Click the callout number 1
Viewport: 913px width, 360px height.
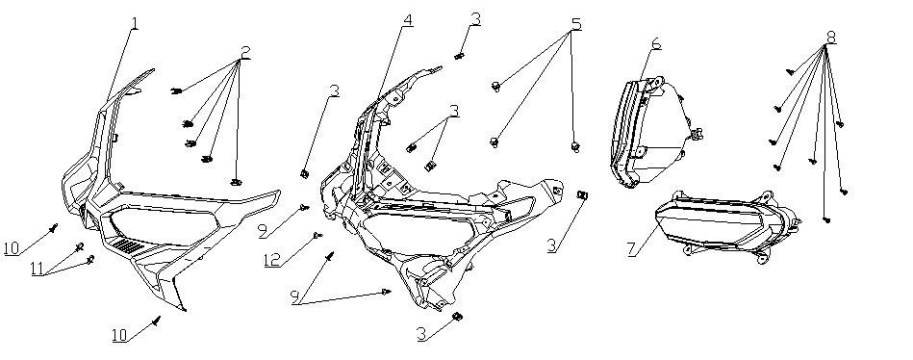135,24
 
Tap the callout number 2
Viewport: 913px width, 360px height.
245,52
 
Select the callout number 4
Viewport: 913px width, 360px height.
408,20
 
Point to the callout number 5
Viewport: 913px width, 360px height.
576,24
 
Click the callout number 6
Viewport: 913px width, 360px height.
656,43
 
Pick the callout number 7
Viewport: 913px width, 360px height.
632,248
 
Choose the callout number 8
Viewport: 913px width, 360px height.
831,37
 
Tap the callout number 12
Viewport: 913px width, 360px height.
272,260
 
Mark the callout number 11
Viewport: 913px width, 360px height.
38,268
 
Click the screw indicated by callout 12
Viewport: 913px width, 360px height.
317,235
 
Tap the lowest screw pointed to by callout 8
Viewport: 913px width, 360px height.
826,219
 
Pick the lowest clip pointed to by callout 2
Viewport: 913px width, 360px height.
236,182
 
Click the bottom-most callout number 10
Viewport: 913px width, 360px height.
120,336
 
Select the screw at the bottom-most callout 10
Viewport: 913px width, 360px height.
156,321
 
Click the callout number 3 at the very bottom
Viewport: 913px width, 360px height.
422,334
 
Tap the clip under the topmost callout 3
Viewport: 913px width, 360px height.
460,56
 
